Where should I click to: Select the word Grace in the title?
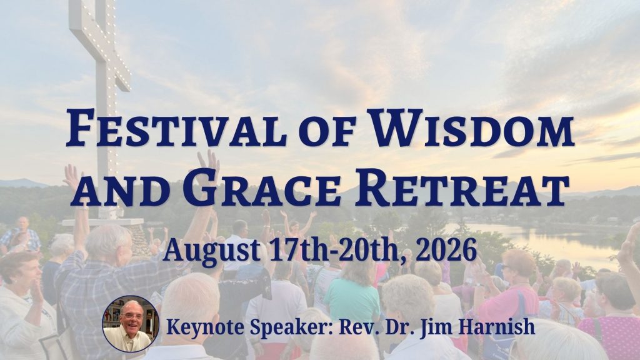(x=262, y=186)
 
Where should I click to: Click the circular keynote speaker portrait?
(x=131, y=324)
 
